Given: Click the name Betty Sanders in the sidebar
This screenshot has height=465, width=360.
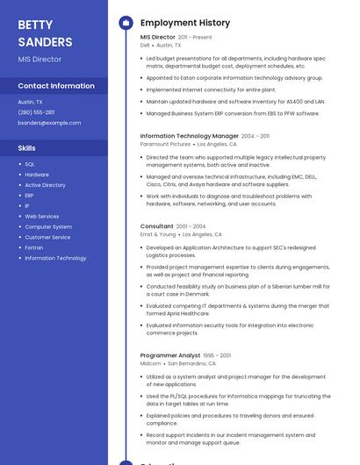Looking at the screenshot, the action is coord(45,33).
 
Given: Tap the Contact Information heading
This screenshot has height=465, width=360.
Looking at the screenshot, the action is coord(56,86).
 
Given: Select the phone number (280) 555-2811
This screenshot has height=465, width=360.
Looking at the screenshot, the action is coord(36,112).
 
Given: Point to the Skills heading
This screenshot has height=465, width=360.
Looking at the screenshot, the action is coord(26,148).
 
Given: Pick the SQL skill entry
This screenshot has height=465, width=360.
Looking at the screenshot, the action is coord(30,164).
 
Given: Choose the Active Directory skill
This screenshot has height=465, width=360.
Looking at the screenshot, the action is coord(45,185).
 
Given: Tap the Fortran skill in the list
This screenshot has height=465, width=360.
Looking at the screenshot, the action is coord(33,247).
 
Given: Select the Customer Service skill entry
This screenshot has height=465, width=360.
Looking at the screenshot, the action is coord(47,237).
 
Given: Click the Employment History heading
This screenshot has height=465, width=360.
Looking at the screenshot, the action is coord(185,23).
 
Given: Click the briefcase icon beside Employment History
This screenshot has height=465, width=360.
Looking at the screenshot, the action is coord(126,23).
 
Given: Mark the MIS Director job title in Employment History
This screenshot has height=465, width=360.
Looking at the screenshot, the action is coord(158,38).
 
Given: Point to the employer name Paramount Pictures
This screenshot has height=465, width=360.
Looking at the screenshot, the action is coord(165,144).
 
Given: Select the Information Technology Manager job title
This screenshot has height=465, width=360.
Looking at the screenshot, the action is coord(190,136).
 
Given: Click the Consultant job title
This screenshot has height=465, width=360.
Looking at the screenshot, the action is coord(157,226).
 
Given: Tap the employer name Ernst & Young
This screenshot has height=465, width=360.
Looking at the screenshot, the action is coord(158,234).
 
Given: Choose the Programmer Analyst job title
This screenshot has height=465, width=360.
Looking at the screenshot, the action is coord(170,355).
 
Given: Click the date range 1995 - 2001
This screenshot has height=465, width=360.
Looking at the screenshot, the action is coord(218,355).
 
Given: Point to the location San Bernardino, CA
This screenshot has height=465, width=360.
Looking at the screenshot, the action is coord(192,363).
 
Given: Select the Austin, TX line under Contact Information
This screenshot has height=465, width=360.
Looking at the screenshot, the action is coord(30,102).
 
